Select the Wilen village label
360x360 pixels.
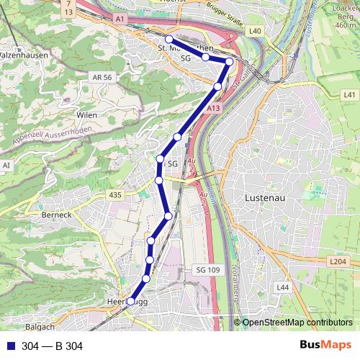pyautogui.click(x=86, y=114)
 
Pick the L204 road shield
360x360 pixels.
pyautogui.click(x=338, y=262)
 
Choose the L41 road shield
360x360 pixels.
pyautogui.click(x=349, y=94)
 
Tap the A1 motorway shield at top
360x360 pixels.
pyautogui.click(x=120, y=17)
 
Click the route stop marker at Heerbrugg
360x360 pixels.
pyautogui.click(x=130, y=302)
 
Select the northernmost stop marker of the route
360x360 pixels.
pyautogui.click(x=168, y=39)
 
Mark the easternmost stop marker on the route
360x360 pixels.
pyautogui.click(x=229, y=62)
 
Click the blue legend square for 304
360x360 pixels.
pyautogui.click(x=11, y=346)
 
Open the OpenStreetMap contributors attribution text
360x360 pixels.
pyautogui.click(x=297, y=322)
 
